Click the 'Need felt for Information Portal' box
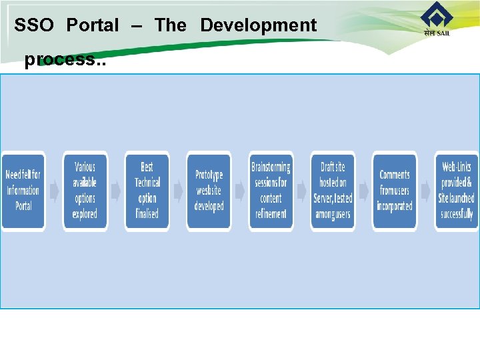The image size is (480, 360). tap(23, 191)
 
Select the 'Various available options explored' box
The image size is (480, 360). tap(85, 191)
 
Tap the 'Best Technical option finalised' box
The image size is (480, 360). tap(147, 191)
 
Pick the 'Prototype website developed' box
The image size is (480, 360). tap(209, 191)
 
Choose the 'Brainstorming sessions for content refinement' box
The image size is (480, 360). tap(271, 191)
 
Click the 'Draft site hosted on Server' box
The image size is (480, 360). tap(333, 191)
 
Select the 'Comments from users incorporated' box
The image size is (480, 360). tap(394, 191)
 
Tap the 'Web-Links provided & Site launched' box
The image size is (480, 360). tap(456, 191)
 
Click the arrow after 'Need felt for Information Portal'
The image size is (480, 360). tap(54, 191)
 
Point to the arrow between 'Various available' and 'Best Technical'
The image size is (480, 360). tap(116, 191)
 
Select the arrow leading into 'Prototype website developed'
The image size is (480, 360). tap(178, 191)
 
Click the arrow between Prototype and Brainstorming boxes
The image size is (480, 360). tap(240, 191)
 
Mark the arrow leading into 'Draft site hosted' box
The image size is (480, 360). tap(302, 191)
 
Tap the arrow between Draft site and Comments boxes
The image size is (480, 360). tap(363, 191)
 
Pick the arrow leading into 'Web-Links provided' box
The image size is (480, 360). tap(425, 191)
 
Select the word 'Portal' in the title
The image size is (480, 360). tap(93, 26)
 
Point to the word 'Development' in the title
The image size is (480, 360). tap(258, 26)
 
